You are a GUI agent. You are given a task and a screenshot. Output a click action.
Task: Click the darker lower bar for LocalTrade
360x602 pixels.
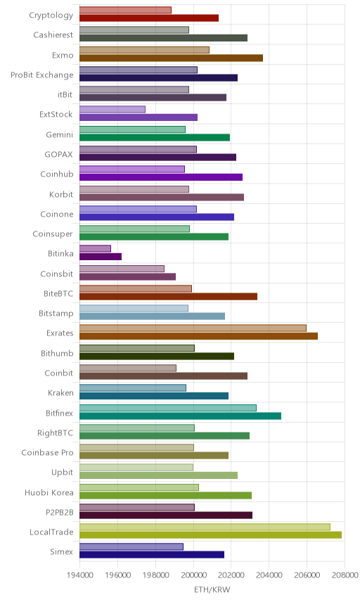pyautogui.click(x=210, y=534)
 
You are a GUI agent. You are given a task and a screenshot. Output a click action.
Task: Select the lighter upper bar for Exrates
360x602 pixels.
pyautogui.click(x=193, y=328)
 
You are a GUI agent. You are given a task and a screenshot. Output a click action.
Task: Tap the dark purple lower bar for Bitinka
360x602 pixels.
pyautogui.click(x=101, y=257)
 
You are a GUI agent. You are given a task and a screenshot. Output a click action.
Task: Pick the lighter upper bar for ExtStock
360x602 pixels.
pyautogui.click(x=112, y=110)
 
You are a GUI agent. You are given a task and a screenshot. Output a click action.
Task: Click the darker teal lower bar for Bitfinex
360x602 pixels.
pyautogui.click(x=180, y=416)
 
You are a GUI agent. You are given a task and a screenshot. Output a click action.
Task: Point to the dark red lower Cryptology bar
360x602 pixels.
pyautogui.click(x=149, y=18)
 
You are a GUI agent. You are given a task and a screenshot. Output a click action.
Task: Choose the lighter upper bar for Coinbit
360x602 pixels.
pyautogui.click(x=128, y=368)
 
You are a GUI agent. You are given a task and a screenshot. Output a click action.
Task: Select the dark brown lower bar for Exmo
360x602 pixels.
pyautogui.click(x=171, y=58)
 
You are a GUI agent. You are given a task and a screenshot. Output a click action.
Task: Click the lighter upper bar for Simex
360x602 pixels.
pyautogui.click(x=131, y=546)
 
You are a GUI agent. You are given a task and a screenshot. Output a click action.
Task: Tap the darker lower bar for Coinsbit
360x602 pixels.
pyautogui.click(x=127, y=276)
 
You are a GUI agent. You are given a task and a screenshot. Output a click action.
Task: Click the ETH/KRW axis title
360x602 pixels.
pyautogui.click(x=212, y=590)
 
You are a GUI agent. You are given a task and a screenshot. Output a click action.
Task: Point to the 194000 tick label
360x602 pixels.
pyautogui.click(x=80, y=575)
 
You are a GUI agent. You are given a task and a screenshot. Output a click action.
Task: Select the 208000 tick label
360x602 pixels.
pyautogui.click(x=345, y=575)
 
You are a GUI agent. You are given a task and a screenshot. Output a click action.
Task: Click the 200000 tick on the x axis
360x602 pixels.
pyautogui.click(x=193, y=575)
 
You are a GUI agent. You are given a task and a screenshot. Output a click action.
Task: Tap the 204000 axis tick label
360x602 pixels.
pyautogui.click(x=269, y=575)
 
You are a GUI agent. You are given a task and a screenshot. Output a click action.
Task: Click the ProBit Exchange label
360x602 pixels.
pyautogui.click(x=41, y=75)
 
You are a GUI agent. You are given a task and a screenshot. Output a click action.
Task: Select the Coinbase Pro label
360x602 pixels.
pyautogui.click(x=47, y=453)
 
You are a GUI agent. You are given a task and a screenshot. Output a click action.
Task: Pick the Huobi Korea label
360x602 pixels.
pyautogui.click(x=49, y=492)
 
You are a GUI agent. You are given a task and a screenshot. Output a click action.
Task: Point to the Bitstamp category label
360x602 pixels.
pyautogui.click(x=56, y=313)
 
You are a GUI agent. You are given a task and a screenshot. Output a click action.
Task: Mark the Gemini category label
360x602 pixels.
pyautogui.click(x=59, y=134)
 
